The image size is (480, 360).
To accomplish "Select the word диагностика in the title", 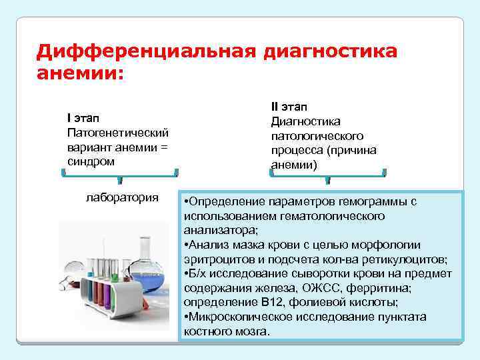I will (x=331, y=51).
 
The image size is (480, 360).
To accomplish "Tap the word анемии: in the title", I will (x=81, y=72).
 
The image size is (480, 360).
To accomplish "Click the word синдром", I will (x=91, y=161).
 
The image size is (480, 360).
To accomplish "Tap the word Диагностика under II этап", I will (x=306, y=121).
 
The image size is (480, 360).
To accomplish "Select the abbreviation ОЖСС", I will (x=318, y=288).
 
